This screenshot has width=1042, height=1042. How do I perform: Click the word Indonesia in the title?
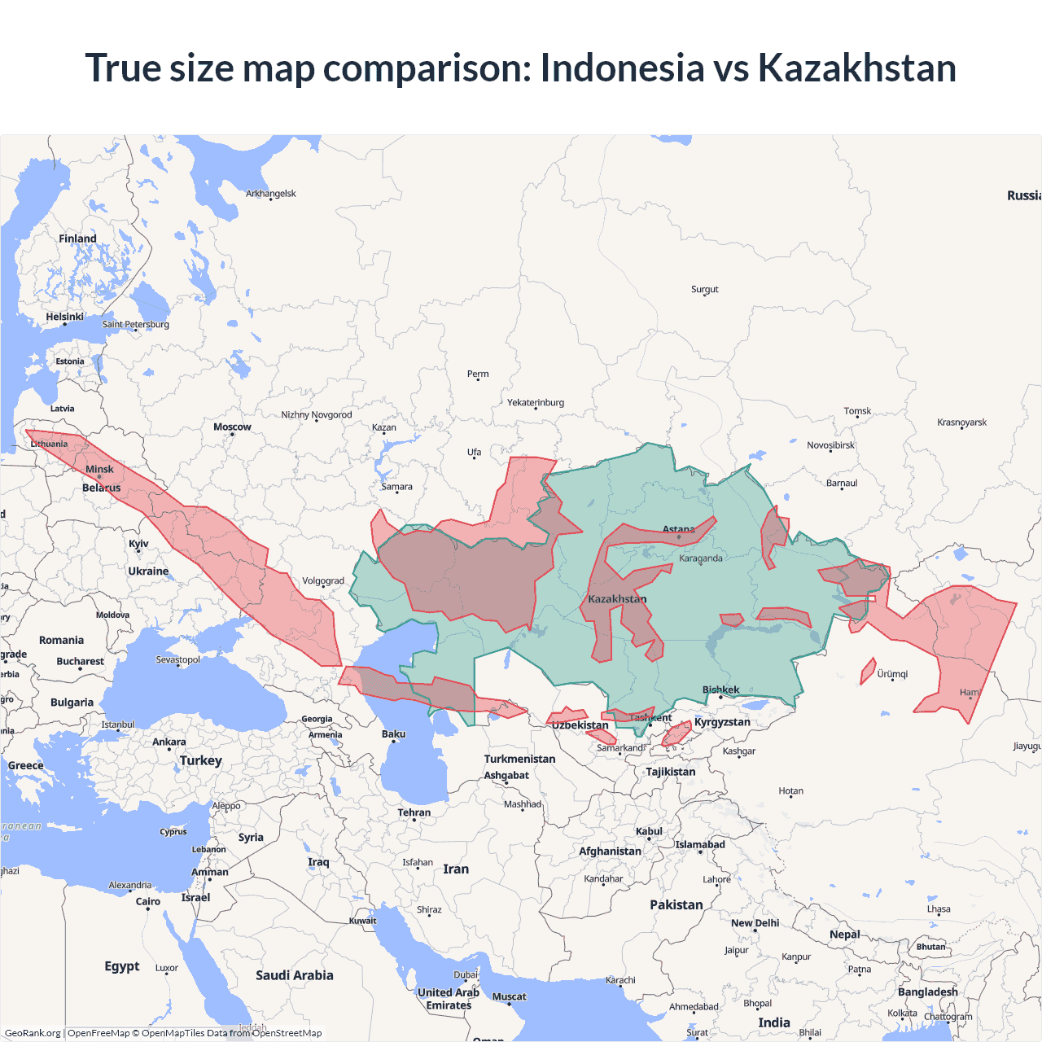pos(622,68)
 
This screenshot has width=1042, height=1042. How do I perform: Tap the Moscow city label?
pos(232,427)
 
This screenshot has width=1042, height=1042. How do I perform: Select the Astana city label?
pos(678,529)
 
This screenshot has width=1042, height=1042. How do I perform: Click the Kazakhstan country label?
pos(617,599)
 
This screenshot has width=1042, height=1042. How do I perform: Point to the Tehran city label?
pos(414,812)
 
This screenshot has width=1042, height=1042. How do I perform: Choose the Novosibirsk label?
pos(830,445)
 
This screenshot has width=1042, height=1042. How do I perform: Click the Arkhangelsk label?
pos(271,194)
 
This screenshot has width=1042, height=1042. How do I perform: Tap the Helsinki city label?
pos(65,317)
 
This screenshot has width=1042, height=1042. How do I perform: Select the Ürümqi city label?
pos(892,674)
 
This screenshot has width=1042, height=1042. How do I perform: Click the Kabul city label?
pos(649,831)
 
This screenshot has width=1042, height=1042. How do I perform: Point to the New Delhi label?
pos(755,923)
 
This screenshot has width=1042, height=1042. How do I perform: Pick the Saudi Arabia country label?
pos(294,975)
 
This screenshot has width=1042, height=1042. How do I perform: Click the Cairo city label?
pos(148,901)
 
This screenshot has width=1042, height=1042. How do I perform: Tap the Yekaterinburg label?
pos(536,402)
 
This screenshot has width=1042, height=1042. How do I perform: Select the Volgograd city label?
pos(323,581)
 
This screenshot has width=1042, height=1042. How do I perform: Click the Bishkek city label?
pos(720,690)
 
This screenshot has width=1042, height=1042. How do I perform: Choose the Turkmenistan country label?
pos(519,759)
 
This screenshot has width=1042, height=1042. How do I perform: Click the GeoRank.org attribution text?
pos(33,1033)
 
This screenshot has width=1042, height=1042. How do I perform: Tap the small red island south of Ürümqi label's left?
pos(868,672)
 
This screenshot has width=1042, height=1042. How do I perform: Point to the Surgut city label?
pos(705,289)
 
